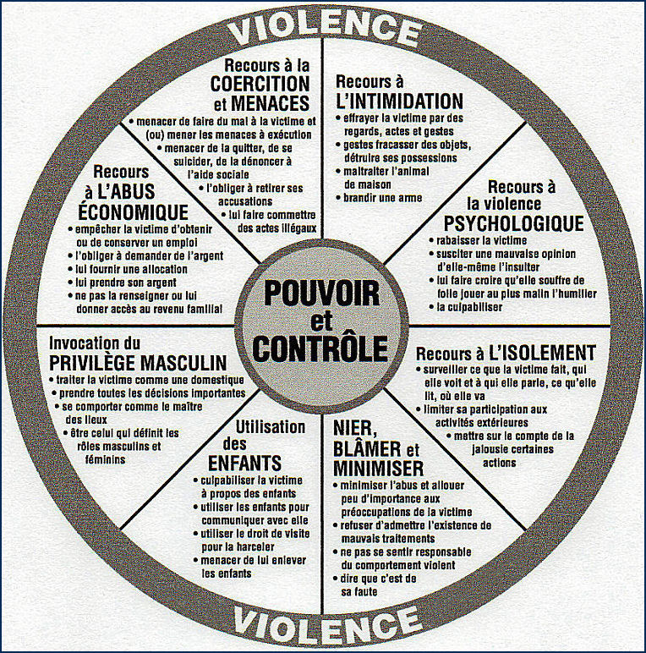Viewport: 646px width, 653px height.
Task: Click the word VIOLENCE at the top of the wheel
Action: [325, 27]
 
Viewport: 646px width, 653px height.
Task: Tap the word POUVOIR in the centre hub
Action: [322, 294]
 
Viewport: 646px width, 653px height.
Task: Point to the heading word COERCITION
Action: [260, 84]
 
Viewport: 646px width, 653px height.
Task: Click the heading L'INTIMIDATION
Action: [400, 101]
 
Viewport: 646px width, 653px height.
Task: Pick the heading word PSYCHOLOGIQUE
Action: [513, 223]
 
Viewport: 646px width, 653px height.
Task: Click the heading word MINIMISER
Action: [378, 468]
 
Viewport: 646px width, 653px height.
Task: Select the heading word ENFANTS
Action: [244, 463]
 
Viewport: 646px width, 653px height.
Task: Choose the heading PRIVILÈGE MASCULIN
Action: [138, 362]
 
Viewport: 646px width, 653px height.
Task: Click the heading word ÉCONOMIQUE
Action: [134, 211]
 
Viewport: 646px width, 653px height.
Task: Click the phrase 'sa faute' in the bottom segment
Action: [359, 591]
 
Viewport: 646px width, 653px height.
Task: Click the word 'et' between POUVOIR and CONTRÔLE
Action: [322, 321]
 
